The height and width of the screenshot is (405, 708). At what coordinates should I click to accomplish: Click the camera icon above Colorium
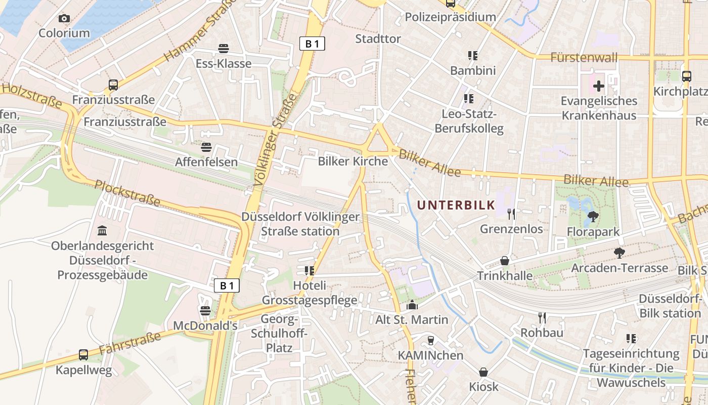[x=64, y=19]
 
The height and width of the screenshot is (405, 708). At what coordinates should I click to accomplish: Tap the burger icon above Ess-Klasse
[x=224, y=49]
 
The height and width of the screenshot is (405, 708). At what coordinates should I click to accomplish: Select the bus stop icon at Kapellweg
[x=83, y=355]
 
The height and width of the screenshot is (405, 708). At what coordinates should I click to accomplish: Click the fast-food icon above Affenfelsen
[x=206, y=147]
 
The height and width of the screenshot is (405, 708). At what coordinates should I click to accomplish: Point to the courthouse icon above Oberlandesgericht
[x=102, y=231]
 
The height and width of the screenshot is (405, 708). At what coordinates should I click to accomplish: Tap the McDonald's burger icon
[x=205, y=310]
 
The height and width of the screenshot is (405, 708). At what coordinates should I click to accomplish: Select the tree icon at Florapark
[x=593, y=217]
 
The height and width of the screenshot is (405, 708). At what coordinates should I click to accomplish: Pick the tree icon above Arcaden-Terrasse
[x=619, y=253]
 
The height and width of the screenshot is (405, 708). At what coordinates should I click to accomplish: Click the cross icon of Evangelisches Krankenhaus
[x=599, y=86]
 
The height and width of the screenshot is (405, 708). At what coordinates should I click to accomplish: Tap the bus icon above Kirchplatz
[x=686, y=76]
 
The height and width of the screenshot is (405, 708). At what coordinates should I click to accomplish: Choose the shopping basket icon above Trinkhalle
[x=504, y=261]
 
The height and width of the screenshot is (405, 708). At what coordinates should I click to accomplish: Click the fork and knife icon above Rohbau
[x=542, y=318]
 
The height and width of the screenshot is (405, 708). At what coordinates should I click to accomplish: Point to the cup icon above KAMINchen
[x=430, y=340]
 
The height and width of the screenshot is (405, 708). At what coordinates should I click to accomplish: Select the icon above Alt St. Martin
[x=412, y=305]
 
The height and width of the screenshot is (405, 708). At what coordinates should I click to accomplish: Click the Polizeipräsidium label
[x=450, y=17]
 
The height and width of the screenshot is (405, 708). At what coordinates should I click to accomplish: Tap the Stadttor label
[x=378, y=39]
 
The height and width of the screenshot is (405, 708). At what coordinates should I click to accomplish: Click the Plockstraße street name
[x=127, y=193]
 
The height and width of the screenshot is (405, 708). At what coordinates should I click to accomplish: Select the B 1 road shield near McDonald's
[x=227, y=286]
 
